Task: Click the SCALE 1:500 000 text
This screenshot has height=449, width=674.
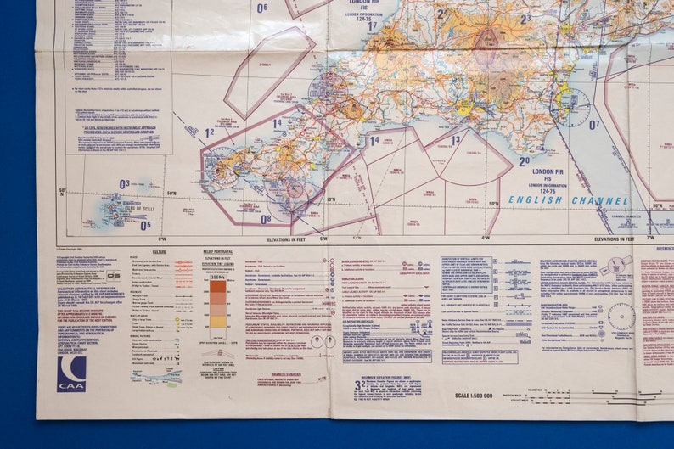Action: pyautogui.click(x=474, y=396)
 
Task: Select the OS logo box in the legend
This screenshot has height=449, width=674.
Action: pyautogui.click(x=113, y=275)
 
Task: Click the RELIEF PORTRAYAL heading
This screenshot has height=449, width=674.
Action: pyautogui.click(x=218, y=252)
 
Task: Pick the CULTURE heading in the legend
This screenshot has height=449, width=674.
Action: pyautogui.click(x=160, y=252)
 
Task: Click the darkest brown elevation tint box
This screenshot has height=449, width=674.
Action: pyautogui.click(x=218, y=287)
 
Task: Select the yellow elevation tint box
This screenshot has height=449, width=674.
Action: pyautogui.click(x=218, y=322)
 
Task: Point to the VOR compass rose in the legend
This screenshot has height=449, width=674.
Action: pyautogui.click(x=621, y=317)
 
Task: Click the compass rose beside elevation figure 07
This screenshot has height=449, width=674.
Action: pyautogui.click(x=574, y=108)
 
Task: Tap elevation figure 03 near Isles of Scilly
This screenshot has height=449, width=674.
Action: pyautogui.click(x=125, y=183)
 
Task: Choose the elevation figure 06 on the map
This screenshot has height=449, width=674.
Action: pyautogui.click(x=262, y=8)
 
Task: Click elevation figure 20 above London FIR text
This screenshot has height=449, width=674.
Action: pyautogui.click(x=524, y=160)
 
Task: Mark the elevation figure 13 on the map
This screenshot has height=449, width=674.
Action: pyautogui.click(x=456, y=140)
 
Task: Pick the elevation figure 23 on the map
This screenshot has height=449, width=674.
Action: pyautogui.click(x=525, y=17)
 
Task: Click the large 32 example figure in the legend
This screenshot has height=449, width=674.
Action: pyautogui.click(x=359, y=385)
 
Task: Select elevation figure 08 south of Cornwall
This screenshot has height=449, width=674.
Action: pyautogui.click(x=266, y=219)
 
